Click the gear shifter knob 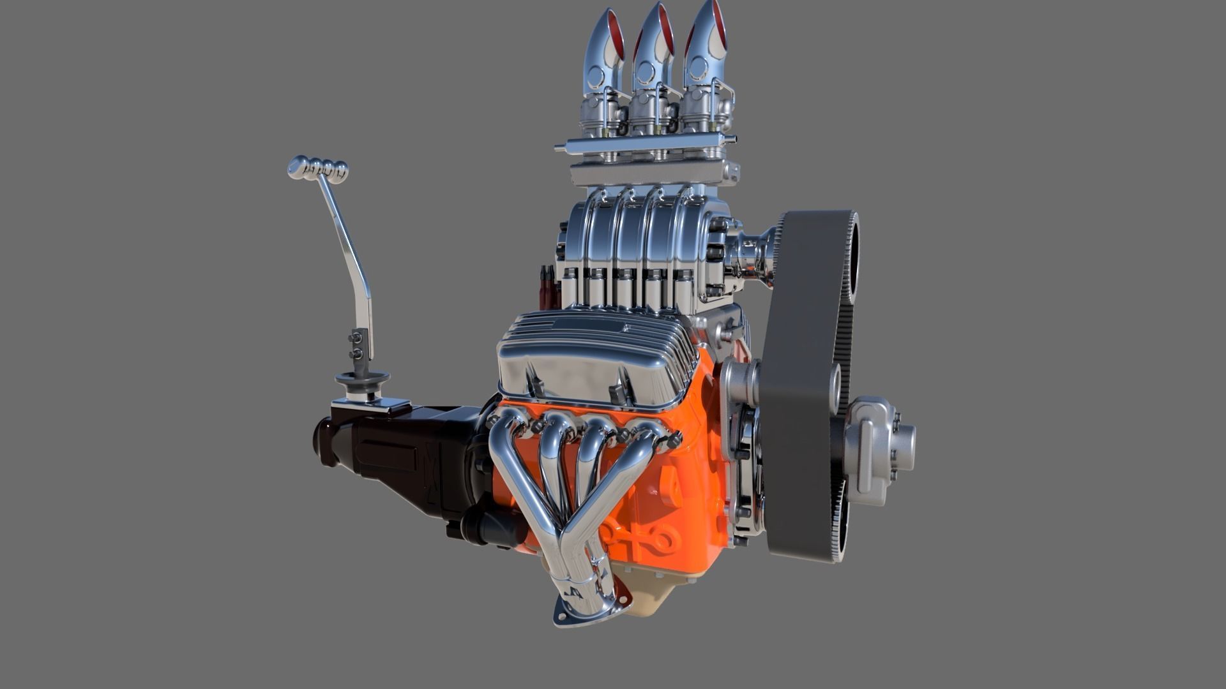[317, 168]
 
